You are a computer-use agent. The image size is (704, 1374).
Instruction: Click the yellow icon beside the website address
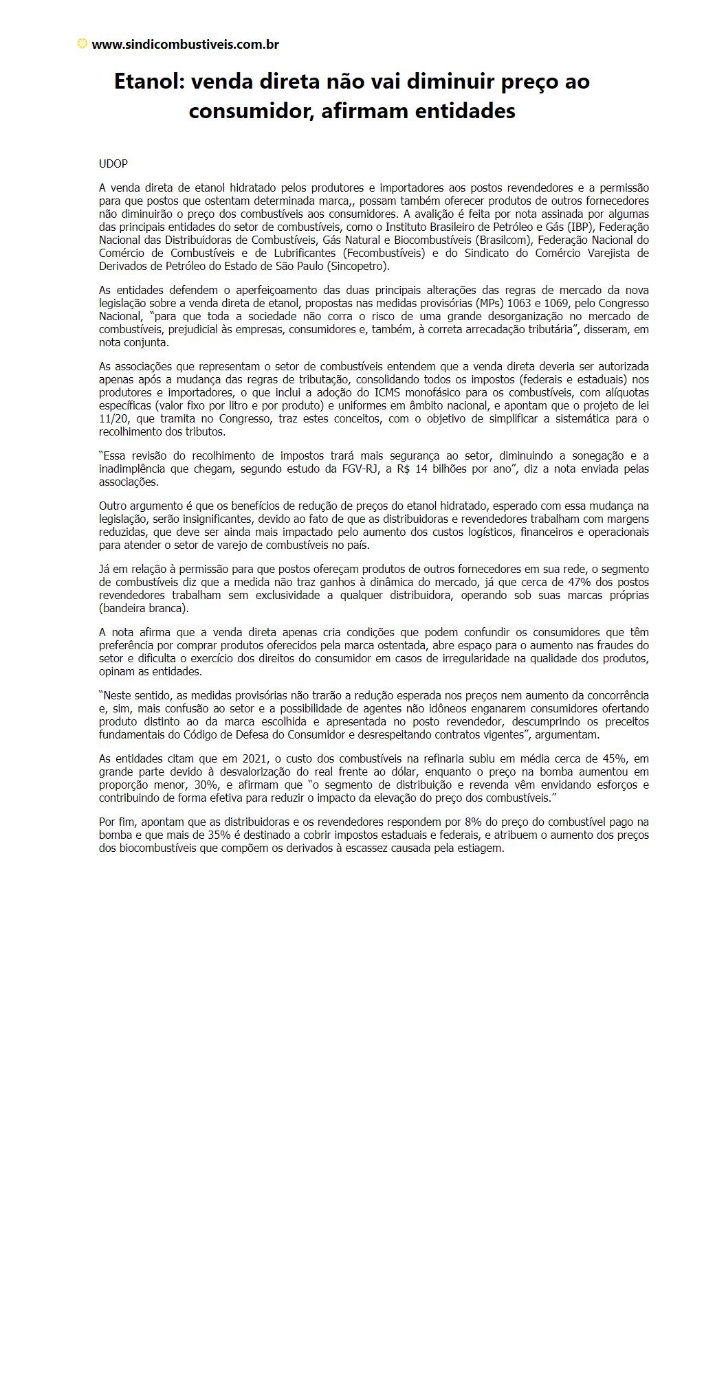click(x=82, y=44)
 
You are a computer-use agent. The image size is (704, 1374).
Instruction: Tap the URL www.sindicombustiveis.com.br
click(x=185, y=45)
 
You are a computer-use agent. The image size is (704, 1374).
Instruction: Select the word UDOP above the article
click(x=113, y=164)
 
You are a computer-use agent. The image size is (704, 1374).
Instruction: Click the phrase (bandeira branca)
click(x=144, y=608)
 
